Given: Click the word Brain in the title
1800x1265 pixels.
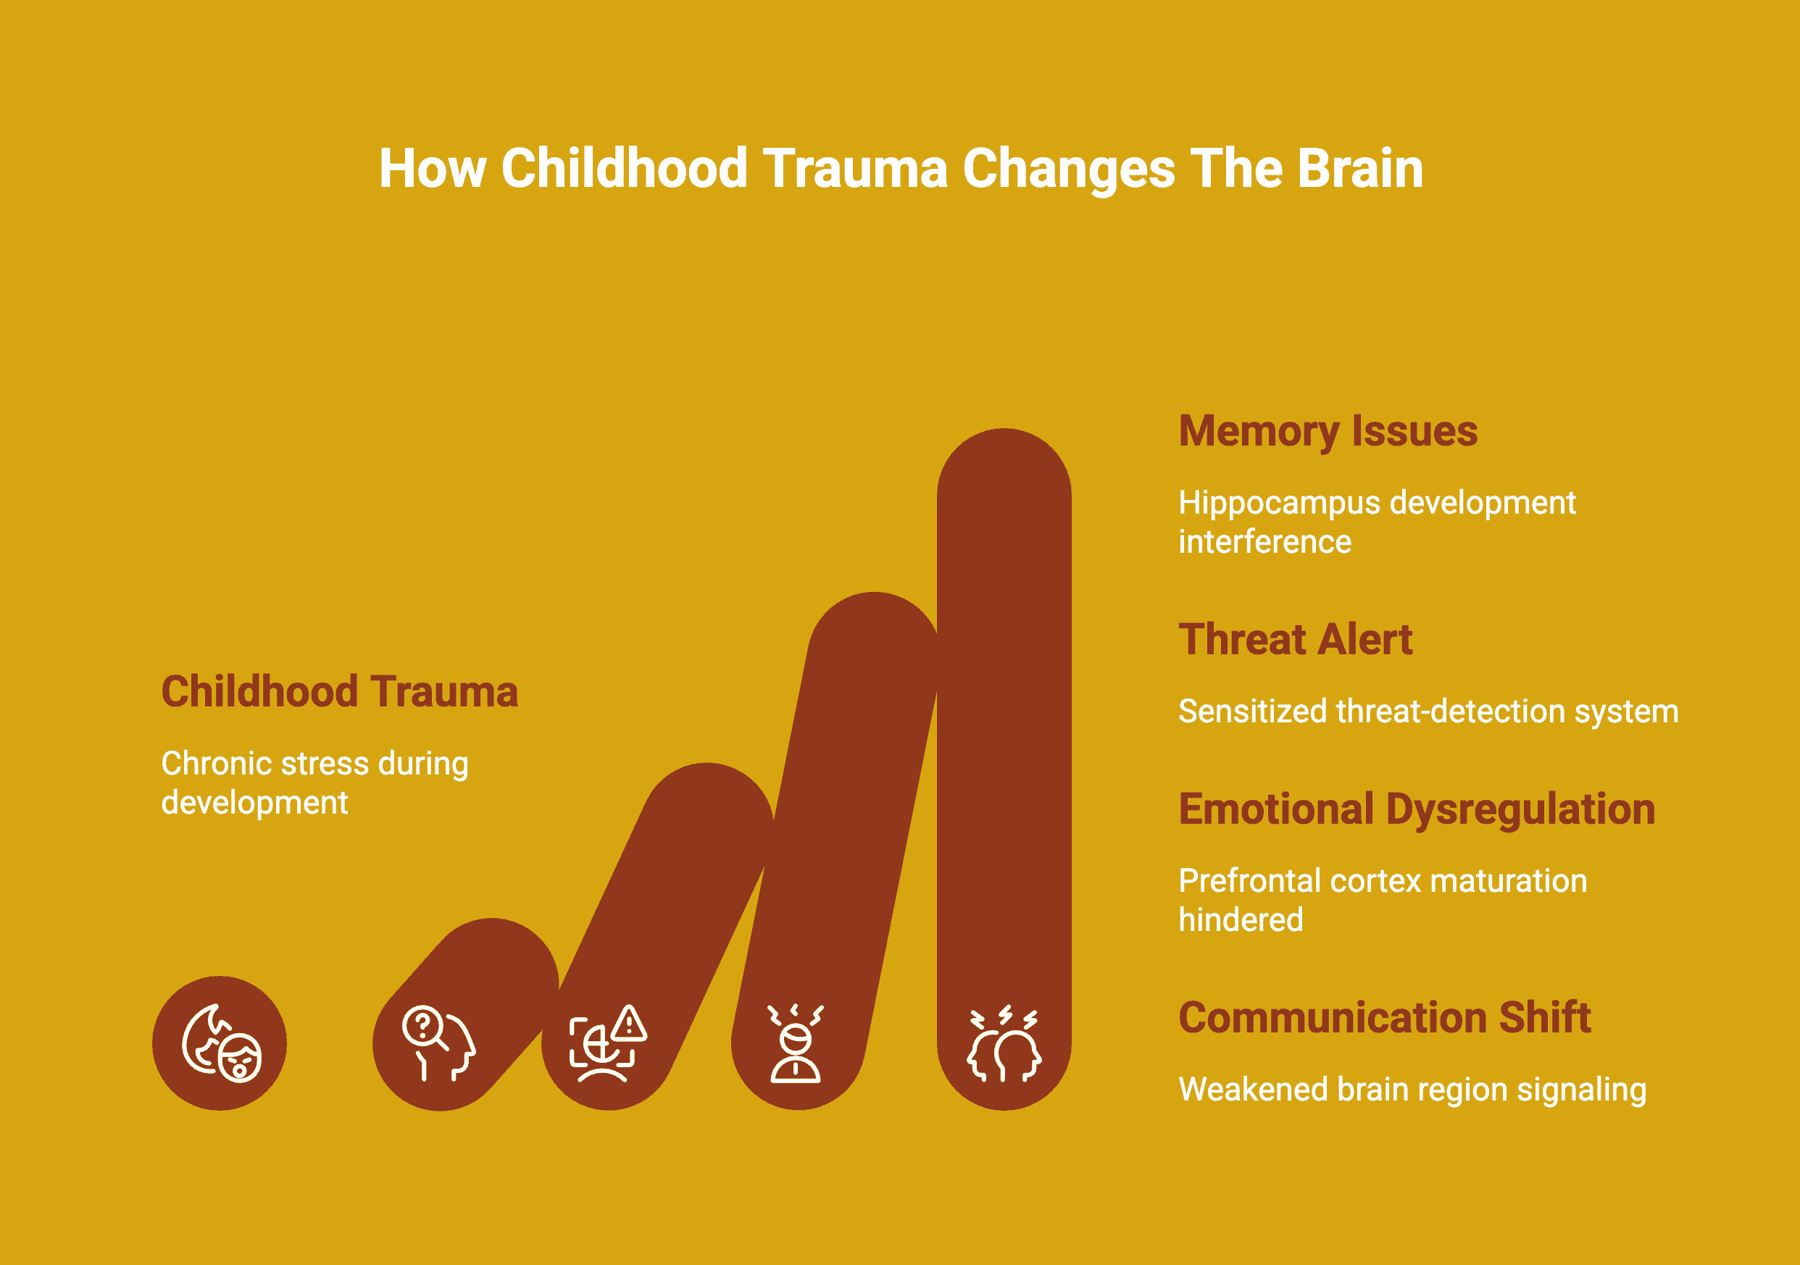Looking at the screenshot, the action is point(1360,169).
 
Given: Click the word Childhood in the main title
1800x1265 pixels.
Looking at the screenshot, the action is point(624,169).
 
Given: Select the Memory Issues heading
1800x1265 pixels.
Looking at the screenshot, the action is point(1328,432).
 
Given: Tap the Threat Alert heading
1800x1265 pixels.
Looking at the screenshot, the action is point(1295,640).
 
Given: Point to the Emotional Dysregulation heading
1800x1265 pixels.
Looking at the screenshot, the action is point(1417,809).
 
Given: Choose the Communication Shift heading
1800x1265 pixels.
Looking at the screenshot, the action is point(1385,1017).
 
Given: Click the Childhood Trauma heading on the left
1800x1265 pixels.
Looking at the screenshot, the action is point(339,692).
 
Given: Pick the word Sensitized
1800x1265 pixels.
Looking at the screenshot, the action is point(1253,711).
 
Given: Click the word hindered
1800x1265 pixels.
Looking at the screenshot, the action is point(1241,920).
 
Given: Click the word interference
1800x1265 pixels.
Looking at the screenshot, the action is point(1265,543).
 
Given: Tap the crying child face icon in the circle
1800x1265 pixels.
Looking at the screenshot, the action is point(222,1043).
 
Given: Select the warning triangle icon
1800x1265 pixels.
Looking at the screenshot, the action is point(630,1023).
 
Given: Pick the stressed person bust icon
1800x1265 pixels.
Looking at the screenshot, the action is point(796,1043).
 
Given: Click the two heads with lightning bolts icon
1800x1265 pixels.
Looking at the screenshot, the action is point(1004,1043).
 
